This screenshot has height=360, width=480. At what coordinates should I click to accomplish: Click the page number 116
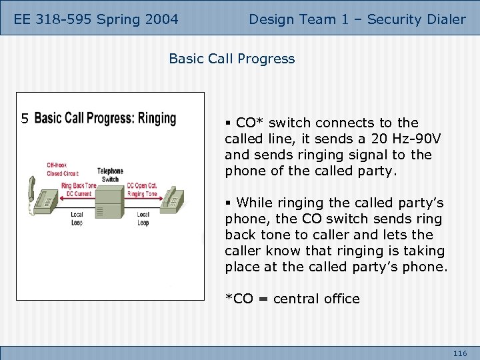tap(459, 353)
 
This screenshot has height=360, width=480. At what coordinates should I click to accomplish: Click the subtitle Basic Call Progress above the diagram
tap(231, 59)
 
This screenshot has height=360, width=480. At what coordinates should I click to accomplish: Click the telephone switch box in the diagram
tap(110, 202)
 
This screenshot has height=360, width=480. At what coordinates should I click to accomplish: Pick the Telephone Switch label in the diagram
tap(110, 175)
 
